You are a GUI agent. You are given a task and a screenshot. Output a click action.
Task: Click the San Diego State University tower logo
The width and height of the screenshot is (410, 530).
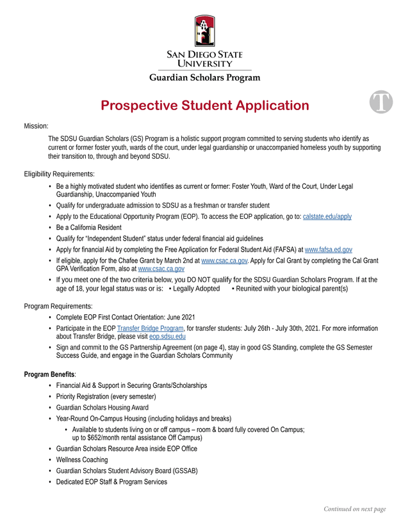pyautogui.click(x=205, y=31)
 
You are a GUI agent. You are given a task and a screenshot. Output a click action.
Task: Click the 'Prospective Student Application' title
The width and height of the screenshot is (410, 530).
pyautogui.click(x=205, y=106)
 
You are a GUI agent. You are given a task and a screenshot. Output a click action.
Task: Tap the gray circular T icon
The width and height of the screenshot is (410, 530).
pyautogui.click(x=381, y=102)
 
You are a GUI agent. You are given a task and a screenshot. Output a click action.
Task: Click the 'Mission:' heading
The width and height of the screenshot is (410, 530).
pyautogui.click(x=37, y=126)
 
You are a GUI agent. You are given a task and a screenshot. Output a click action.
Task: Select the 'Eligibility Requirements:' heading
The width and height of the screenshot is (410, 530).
pyautogui.click(x=59, y=173)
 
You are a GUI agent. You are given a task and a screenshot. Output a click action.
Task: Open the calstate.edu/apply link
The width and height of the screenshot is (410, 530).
pyautogui.click(x=327, y=216)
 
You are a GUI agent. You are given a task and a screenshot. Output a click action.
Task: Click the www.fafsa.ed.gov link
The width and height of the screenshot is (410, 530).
pyautogui.click(x=329, y=249)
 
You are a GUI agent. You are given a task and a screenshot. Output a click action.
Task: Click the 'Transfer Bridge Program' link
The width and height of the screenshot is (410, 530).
pyautogui.click(x=151, y=328)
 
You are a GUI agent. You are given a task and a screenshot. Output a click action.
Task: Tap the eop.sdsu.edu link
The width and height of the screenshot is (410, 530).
pyautogui.click(x=167, y=336)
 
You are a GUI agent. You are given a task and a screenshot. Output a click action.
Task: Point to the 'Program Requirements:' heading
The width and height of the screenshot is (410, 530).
pyautogui.click(x=58, y=306)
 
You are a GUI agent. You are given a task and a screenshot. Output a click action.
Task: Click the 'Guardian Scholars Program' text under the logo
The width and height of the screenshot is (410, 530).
pyautogui.click(x=205, y=78)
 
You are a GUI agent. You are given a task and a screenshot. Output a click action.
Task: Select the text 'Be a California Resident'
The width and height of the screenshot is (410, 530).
pyautogui.click(x=88, y=227)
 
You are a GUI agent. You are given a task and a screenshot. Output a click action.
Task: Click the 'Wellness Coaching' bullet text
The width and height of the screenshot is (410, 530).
pyautogui.click(x=82, y=460)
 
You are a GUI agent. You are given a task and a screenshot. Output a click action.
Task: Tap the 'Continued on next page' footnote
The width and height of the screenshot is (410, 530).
pyautogui.click(x=354, y=510)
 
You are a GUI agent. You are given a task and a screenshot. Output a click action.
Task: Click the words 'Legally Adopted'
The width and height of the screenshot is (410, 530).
pyautogui.click(x=197, y=289)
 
